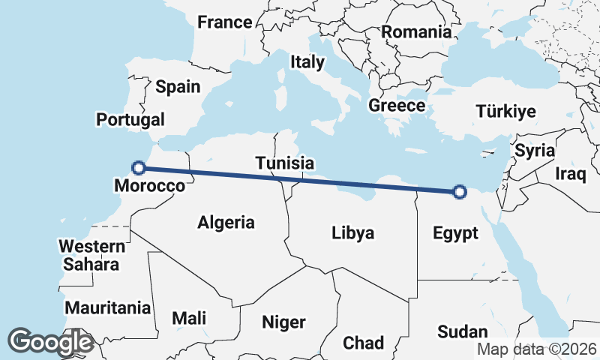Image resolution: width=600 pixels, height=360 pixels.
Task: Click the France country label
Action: (x=224, y=22)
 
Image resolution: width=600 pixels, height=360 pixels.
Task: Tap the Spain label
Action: (x=178, y=87)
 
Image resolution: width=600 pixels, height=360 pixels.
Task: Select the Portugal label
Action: (x=130, y=120)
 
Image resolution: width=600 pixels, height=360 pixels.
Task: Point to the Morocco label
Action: (x=149, y=185)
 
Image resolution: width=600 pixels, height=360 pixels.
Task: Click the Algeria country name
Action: (x=226, y=222)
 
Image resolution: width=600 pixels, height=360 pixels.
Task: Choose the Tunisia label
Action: (x=284, y=163)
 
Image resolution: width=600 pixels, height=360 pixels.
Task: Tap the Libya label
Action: (x=352, y=232)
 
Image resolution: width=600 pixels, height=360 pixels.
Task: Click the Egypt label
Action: (x=455, y=233)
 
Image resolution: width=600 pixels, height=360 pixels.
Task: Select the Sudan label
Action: (x=463, y=331)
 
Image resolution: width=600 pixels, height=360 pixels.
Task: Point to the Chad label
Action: (x=364, y=343)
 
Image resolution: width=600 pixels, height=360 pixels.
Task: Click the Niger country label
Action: (x=283, y=322)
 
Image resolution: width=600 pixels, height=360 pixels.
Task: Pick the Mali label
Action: (x=189, y=318)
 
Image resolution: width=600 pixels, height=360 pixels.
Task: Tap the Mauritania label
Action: (x=108, y=307)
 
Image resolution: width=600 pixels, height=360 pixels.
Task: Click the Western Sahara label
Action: (x=91, y=255)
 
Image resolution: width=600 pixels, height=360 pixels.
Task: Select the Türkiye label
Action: (x=505, y=112)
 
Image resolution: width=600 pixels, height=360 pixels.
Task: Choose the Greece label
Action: (x=397, y=106)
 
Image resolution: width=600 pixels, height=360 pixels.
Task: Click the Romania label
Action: (x=416, y=32)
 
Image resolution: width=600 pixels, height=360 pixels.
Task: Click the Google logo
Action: (x=50, y=342)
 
